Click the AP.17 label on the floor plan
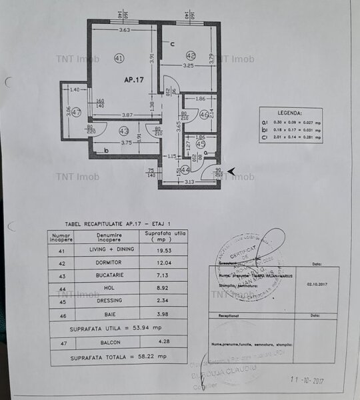point(134,79)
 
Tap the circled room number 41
point(119,58)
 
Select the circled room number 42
point(191,55)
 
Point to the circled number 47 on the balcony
point(75,112)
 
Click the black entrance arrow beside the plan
point(231,172)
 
